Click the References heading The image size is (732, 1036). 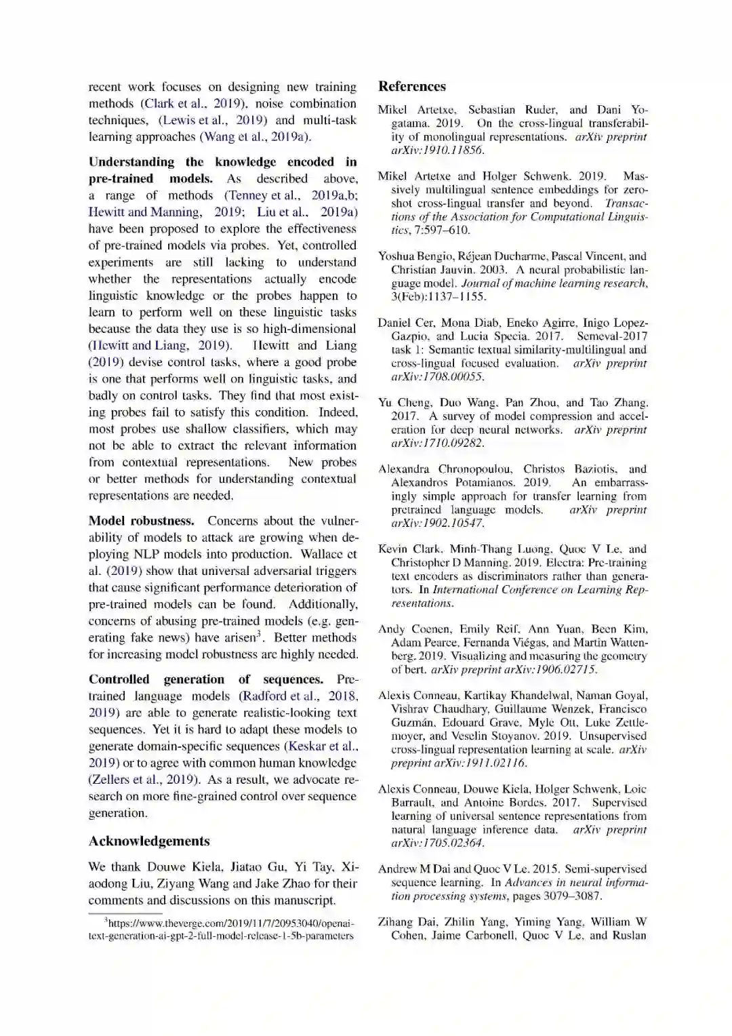(x=412, y=87)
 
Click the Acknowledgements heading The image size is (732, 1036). (x=149, y=841)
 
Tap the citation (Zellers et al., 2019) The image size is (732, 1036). (x=144, y=780)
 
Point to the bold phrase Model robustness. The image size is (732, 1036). (x=141, y=521)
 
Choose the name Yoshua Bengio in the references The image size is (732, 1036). (x=410, y=256)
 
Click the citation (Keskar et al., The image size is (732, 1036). (x=321, y=746)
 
